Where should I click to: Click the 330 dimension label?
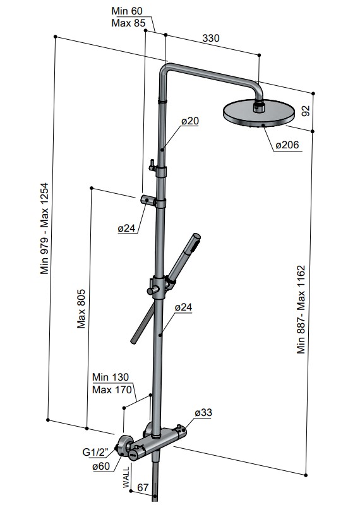click(211, 38)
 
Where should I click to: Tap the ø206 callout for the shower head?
click(287, 145)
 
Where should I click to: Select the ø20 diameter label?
click(190, 121)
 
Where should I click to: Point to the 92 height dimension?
click(306, 111)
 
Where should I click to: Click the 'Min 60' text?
click(127, 11)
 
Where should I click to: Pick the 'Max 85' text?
click(128, 23)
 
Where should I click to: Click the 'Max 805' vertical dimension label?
click(81, 309)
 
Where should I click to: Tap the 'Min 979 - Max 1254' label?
click(44, 229)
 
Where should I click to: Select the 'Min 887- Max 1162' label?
click(301, 309)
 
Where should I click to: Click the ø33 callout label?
click(204, 413)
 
